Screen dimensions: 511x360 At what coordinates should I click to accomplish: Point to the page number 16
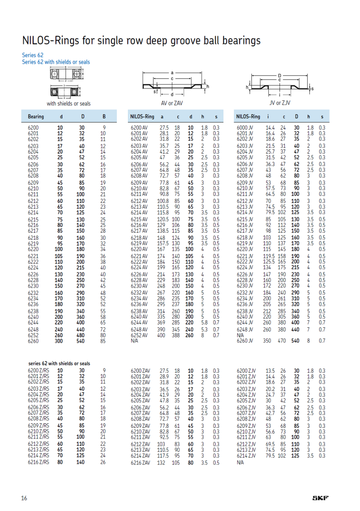pos(24,498)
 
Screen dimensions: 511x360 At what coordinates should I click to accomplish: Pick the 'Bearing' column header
pos(36,117)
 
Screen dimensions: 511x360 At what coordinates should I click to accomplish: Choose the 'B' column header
pos(104,117)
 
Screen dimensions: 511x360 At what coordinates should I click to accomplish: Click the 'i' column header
pos(268,117)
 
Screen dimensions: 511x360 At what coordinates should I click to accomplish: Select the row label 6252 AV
pos(139,335)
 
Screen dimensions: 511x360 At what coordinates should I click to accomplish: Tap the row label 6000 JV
pos(245,128)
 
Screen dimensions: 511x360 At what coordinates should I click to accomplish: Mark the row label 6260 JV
pos(245,341)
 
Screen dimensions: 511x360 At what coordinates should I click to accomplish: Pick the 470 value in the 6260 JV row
pos(282,341)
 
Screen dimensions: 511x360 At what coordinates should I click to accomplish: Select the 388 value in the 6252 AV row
pos(176,335)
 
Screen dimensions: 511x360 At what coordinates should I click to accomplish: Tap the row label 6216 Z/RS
pos(38,462)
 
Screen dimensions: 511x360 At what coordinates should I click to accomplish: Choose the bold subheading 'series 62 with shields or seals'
pos(59,364)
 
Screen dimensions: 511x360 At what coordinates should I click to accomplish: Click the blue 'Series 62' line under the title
pos(33,55)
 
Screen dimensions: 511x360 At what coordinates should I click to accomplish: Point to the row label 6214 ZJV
pos(246,455)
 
